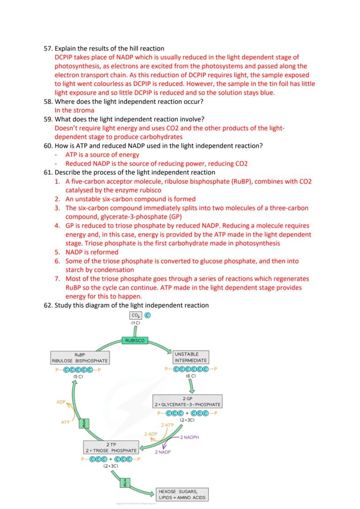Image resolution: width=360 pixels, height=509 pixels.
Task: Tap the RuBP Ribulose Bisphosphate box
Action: pyautogui.click(x=80, y=357)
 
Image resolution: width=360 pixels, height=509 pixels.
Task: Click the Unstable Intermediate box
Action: pyautogui.click(x=191, y=357)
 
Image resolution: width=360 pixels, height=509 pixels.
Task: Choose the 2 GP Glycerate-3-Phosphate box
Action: pyautogui.click(x=187, y=401)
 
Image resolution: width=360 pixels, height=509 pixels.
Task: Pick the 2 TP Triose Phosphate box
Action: pyautogui.click(x=111, y=447)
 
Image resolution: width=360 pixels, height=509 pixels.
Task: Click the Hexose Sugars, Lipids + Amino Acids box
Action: pyautogui.click(x=182, y=494)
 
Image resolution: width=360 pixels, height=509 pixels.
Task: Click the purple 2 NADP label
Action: pyautogui.click(x=163, y=452)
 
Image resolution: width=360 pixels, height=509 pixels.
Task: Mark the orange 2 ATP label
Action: pyautogui.click(x=167, y=425)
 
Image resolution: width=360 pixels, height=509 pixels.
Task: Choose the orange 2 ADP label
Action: pyautogui.click(x=151, y=434)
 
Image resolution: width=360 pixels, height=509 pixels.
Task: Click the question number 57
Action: pyautogui.click(x=48, y=48)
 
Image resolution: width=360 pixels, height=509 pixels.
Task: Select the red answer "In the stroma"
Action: pyautogui.click(x=74, y=110)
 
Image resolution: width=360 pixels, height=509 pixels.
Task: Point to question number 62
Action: pyautogui.click(x=48, y=305)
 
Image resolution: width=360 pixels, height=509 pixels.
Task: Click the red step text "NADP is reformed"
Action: pyautogui.click(x=92, y=252)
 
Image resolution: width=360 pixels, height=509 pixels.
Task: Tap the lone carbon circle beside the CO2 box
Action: pyautogui.click(x=147, y=316)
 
